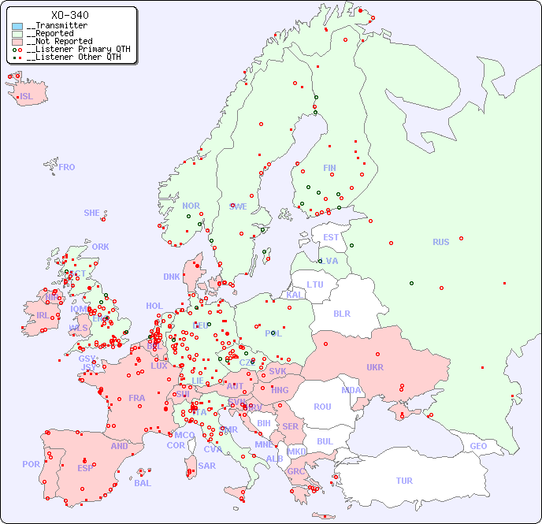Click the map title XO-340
(69, 15)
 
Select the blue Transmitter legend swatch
(17, 26)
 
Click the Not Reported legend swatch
(17, 42)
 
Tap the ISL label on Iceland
(27, 97)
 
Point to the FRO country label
(67, 167)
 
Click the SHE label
(92, 213)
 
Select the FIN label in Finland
(329, 168)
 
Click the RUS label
(440, 242)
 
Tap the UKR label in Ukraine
(374, 367)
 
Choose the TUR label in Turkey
(404, 481)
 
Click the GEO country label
(478, 446)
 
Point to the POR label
(31, 464)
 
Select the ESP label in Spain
(85, 467)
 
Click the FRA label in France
(137, 398)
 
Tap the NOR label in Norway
(191, 206)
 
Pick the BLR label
(341, 313)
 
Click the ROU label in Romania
(322, 407)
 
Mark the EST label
(331, 237)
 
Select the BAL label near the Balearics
(143, 483)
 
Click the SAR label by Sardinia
(206, 466)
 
